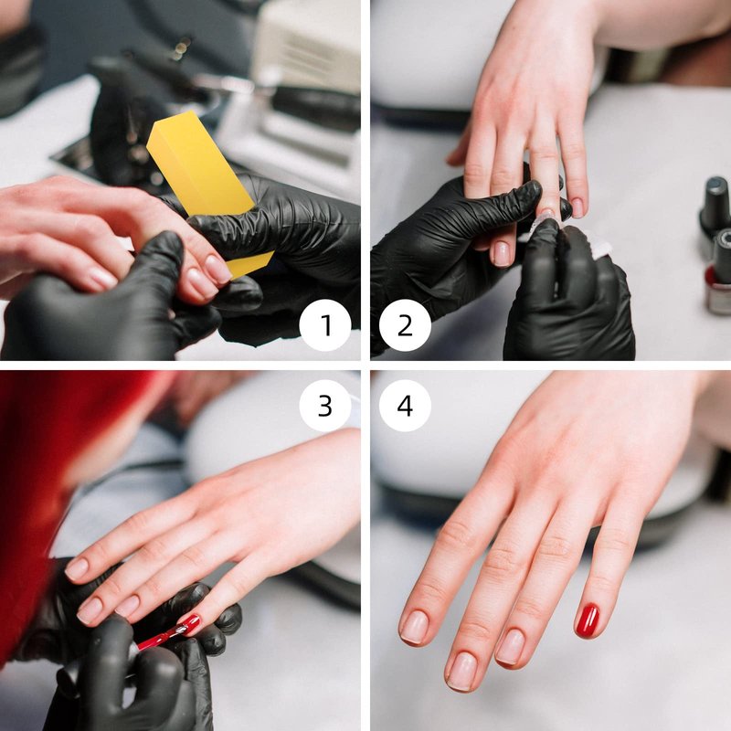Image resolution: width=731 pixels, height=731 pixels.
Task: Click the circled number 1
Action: pyautogui.click(x=325, y=325)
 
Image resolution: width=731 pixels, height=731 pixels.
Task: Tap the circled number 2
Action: pyautogui.click(x=405, y=325)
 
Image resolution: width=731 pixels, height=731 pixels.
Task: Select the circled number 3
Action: pyautogui.click(x=325, y=405)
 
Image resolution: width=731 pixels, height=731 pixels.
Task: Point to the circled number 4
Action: pyautogui.click(x=405, y=405)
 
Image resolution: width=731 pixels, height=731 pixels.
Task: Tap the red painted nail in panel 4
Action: pyautogui.click(x=587, y=620)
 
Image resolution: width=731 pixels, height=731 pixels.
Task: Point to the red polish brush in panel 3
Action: pyautogui.click(x=164, y=637)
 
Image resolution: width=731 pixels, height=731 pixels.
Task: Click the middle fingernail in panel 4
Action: pyautogui.click(x=462, y=672)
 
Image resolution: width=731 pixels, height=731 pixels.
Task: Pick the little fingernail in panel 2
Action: pyautogui.click(x=577, y=208)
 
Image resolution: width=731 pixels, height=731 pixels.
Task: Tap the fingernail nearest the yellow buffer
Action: pyautogui.click(x=217, y=270)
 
